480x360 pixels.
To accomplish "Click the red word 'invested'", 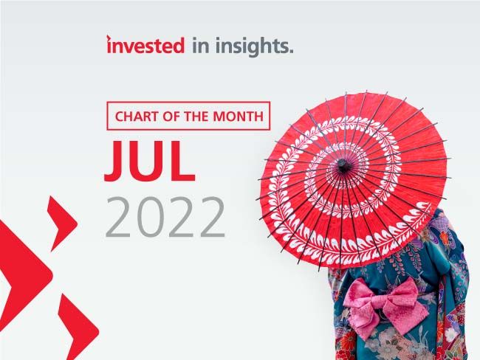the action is click(x=145, y=45).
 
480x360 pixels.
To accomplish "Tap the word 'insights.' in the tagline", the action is click(x=254, y=46).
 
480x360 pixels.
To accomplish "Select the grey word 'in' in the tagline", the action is click(x=201, y=46).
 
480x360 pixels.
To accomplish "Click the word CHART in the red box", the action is click(x=137, y=117).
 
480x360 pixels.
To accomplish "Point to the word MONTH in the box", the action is click(x=239, y=117).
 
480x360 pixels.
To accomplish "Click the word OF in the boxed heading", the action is click(x=171, y=117).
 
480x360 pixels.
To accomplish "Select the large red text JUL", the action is click(x=150, y=161).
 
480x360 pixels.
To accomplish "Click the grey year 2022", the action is click(x=165, y=217).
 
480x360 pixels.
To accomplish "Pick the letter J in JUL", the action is click(x=114, y=161).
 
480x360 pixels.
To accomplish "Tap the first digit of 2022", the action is click(x=119, y=217).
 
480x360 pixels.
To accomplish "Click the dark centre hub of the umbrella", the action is click(x=343, y=165).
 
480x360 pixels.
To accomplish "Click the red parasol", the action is click(x=353, y=180).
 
